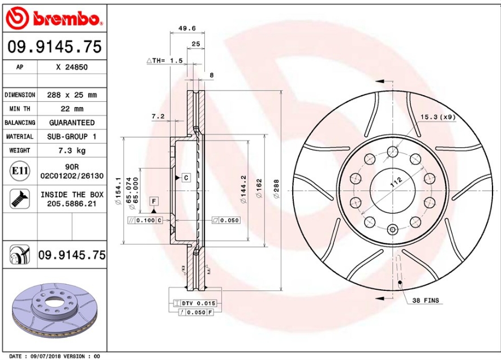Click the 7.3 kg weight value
click(72, 151)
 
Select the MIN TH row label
click(20, 109)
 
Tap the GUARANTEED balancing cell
click(72, 123)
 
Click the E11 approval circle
click(20, 170)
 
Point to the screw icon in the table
click(20, 199)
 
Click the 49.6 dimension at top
click(187, 28)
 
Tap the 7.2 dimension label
click(158, 117)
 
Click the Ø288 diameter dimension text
click(276, 189)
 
